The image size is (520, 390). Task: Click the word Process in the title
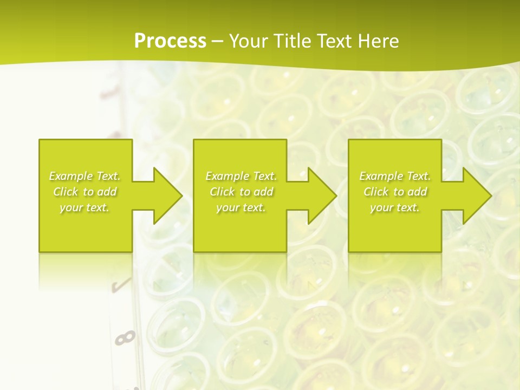click(x=170, y=41)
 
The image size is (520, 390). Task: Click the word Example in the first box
click(x=71, y=176)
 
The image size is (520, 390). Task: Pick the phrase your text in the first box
click(x=84, y=207)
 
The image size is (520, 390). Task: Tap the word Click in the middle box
click(x=222, y=192)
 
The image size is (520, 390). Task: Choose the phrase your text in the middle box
click(x=241, y=207)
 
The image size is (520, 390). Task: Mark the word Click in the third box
click(x=375, y=192)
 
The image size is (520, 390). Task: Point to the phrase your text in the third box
click(x=395, y=207)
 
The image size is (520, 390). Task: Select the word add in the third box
click(x=418, y=192)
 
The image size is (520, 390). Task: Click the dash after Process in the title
click(x=217, y=41)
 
